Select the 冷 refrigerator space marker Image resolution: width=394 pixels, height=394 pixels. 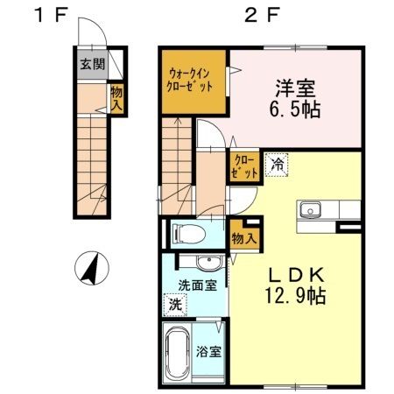[x=277, y=164]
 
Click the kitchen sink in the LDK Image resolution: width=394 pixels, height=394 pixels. [x=311, y=210]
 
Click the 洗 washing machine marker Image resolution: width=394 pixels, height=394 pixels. [x=176, y=305]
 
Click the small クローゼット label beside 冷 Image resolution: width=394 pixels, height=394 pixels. [x=244, y=166]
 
